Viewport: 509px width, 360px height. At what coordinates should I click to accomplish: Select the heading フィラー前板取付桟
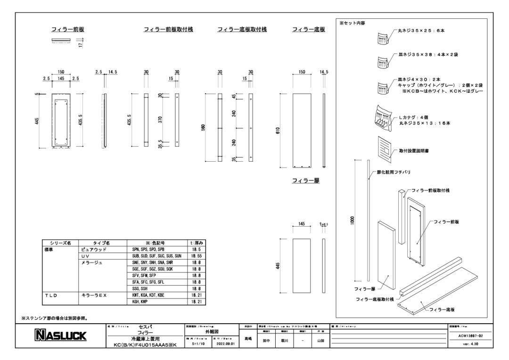(x=168, y=30)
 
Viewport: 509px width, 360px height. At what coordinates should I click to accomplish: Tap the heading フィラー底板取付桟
(x=242, y=30)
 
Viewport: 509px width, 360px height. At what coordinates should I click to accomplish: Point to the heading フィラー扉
(x=305, y=180)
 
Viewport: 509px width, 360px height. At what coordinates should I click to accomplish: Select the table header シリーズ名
(x=60, y=243)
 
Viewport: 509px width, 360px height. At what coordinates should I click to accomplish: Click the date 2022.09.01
(x=223, y=344)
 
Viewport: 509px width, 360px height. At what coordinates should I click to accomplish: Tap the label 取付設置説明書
(x=413, y=151)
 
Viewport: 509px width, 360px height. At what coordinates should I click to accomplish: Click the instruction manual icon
(x=385, y=147)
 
